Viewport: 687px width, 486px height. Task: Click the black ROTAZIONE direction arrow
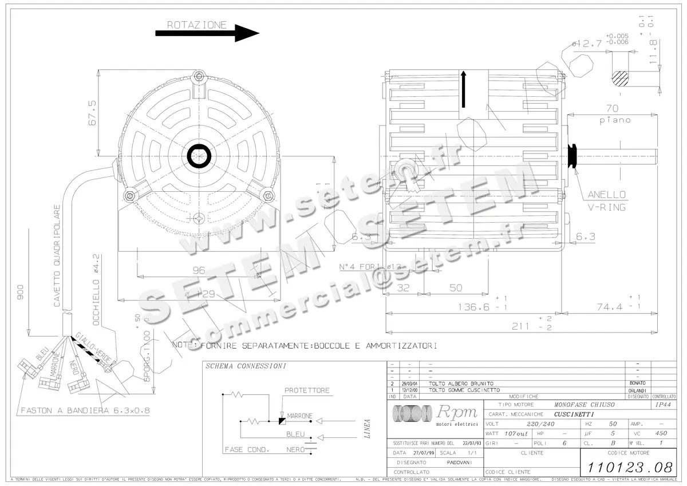pos(207,33)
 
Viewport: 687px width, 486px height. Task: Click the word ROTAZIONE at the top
pos(196,25)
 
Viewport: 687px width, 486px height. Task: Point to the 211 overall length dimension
pos(521,326)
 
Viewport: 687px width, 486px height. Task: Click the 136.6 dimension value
pos(473,307)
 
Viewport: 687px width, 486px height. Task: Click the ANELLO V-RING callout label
pos(607,200)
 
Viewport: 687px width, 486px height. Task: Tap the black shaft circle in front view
pos(199,155)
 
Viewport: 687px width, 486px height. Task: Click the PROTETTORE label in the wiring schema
pos(307,390)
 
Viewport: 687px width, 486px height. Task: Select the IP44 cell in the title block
pos(663,404)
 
